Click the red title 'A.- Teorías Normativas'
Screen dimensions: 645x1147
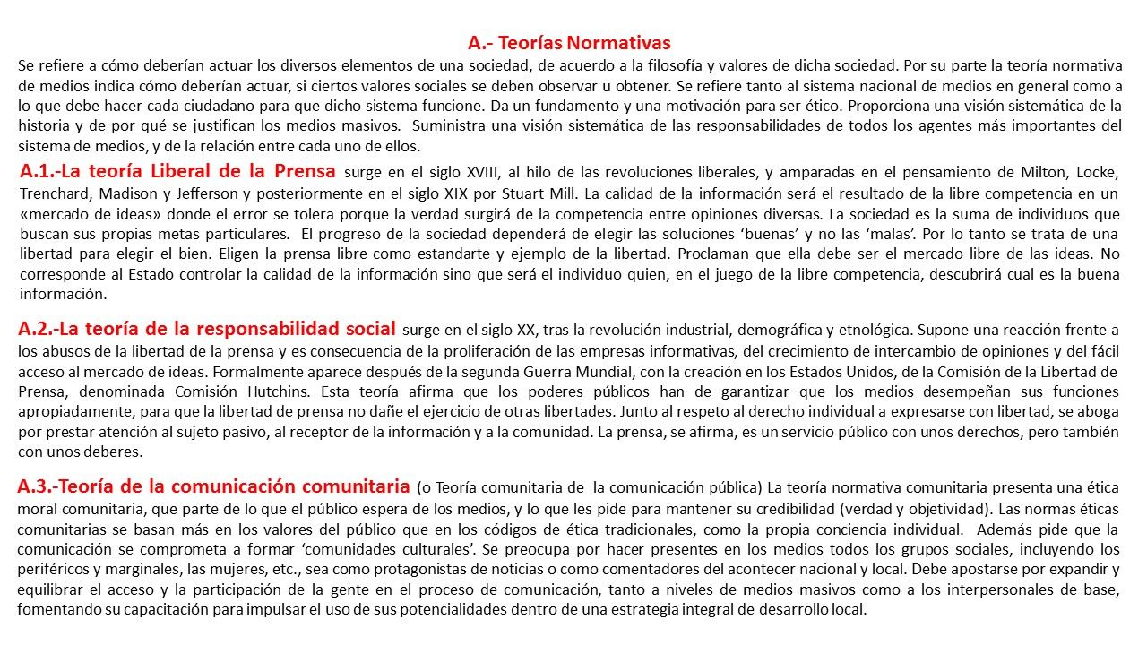[x=569, y=42]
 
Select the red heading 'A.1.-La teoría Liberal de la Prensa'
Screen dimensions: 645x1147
[x=177, y=171]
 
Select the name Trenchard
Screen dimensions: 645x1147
[x=56, y=193]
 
